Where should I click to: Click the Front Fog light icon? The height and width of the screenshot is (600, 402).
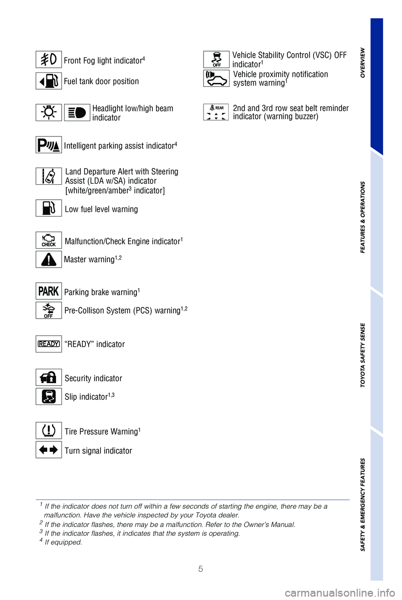(49, 59)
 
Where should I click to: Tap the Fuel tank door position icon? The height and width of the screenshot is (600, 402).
(49, 81)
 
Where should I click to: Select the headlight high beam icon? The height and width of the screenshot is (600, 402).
(77, 113)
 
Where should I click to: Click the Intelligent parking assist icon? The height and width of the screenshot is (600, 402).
(49, 145)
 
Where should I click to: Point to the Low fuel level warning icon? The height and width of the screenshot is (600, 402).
(49, 208)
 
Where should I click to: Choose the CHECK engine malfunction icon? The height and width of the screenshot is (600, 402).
(49, 240)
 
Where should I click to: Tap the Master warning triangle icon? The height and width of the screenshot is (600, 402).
(49, 260)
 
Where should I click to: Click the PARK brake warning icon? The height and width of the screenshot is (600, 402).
(49, 291)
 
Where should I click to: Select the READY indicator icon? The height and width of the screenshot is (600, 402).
(49, 344)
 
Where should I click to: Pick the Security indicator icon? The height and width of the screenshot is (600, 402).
(49, 377)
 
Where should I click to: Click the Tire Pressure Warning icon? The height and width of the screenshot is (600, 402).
(49, 430)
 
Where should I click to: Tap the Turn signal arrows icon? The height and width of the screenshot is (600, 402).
(49, 450)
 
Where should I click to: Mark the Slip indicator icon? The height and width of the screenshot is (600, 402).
(49, 397)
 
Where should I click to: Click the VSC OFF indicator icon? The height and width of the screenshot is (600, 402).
(216, 59)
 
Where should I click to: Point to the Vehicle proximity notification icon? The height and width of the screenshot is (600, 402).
(216, 78)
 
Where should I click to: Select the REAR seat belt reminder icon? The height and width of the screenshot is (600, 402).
(216, 112)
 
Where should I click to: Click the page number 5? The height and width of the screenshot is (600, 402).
(201, 569)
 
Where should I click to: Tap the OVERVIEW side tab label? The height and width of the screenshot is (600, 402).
(363, 63)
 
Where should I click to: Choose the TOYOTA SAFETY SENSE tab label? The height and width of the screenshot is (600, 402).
(363, 355)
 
